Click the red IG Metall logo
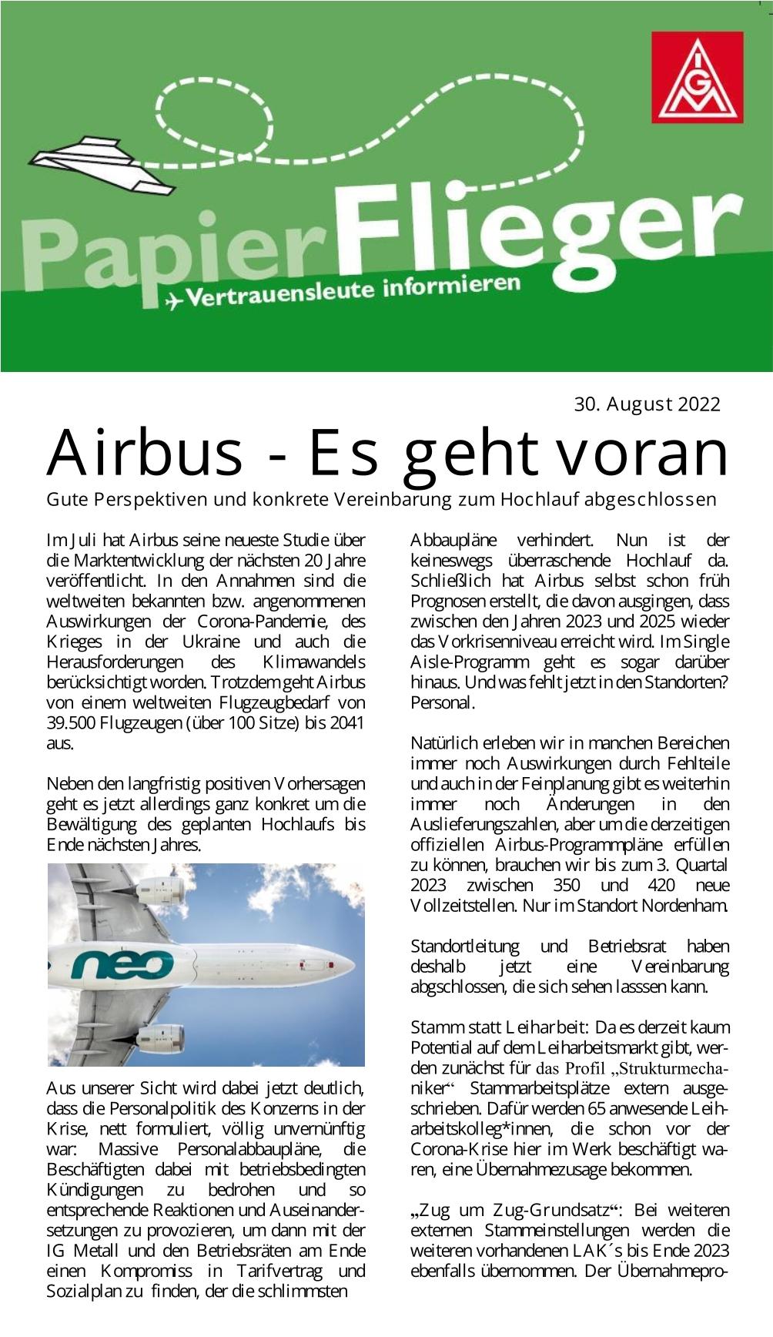coord(697,77)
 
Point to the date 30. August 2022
coord(647,404)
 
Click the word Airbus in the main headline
coord(145,453)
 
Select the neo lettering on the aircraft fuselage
coord(122,963)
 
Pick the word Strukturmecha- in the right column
coord(670,1068)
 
